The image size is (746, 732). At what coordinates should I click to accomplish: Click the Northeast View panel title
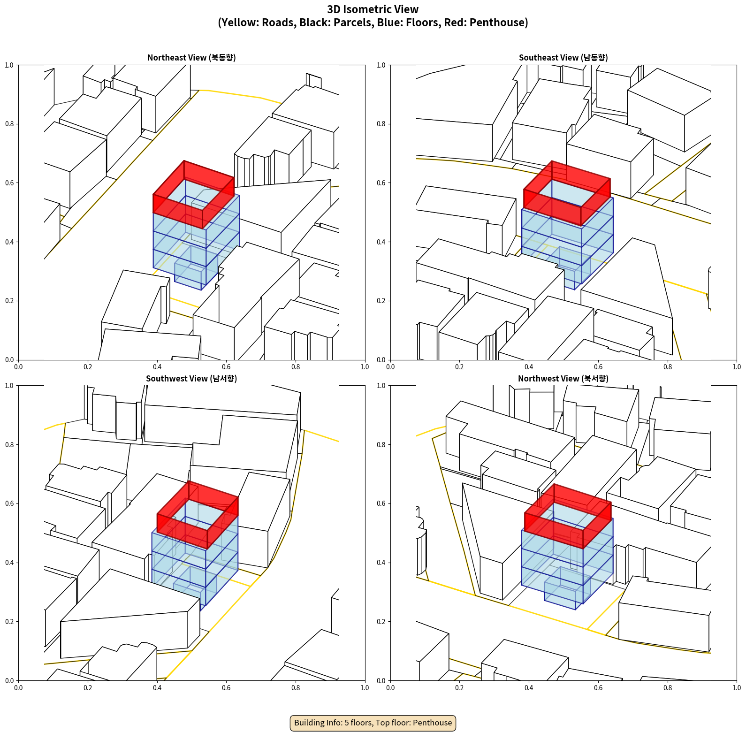tap(191, 58)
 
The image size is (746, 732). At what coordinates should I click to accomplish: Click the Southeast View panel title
tap(563, 58)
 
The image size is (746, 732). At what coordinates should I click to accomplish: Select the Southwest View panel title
tap(191, 379)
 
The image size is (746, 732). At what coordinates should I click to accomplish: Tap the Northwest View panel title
tap(563, 379)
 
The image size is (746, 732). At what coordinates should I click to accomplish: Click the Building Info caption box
tap(373, 723)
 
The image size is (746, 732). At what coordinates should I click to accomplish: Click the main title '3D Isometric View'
tap(373, 9)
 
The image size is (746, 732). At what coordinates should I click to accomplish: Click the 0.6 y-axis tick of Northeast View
tap(9, 183)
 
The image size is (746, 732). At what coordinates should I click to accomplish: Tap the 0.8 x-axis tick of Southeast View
tap(668, 367)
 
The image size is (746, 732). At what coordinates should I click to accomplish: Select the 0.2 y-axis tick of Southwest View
tap(9, 622)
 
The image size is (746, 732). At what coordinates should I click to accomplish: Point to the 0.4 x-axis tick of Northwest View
tap(529, 688)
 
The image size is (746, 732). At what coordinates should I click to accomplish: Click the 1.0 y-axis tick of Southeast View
tap(381, 65)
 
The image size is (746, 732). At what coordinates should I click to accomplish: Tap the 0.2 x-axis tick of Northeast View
tap(88, 367)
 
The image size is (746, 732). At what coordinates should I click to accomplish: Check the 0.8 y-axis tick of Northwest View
tap(381, 445)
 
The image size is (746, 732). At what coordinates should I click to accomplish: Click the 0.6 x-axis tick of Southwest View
tap(227, 688)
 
